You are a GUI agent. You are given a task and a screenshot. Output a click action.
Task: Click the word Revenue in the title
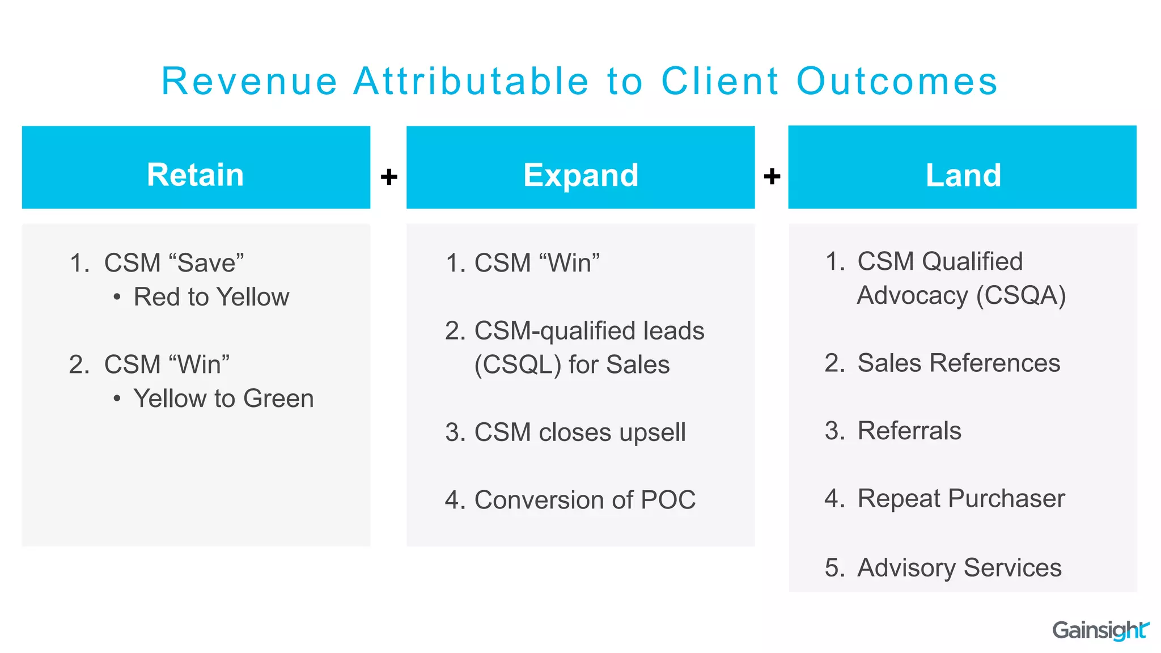coord(249,82)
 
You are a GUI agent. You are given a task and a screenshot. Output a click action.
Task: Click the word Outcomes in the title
coord(897,82)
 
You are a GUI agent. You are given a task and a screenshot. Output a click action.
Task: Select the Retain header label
coord(196,175)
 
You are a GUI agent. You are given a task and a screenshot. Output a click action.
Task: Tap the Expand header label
coord(580,175)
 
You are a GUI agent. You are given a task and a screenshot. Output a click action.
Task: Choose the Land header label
coord(963,175)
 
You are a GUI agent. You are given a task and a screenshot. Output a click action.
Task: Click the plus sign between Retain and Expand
coord(389,177)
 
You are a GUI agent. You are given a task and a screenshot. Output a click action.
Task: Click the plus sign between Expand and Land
coord(772,176)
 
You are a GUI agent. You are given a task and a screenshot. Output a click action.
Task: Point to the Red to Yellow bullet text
coord(211,297)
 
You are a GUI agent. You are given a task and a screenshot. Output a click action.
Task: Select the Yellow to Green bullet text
coord(223,398)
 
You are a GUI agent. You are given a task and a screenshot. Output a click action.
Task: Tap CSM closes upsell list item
coord(579,432)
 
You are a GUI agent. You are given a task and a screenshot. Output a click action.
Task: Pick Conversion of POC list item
coord(584,500)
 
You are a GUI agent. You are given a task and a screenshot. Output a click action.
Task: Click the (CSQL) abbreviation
coord(517,364)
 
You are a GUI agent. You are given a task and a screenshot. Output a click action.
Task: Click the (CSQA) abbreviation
coord(1020,295)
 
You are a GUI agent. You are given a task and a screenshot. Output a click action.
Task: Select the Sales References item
coord(958,363)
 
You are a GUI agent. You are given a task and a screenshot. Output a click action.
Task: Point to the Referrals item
coord(909,431)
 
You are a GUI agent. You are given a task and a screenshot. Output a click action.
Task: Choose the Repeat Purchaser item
coord(961,499)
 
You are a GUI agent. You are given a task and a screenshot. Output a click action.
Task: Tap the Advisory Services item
coord(959,567)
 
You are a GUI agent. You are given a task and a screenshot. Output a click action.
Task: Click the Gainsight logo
coord(1100,630)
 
